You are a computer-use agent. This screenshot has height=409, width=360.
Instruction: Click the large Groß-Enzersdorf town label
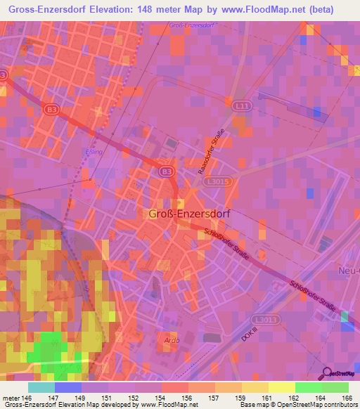click(x=190, y=214)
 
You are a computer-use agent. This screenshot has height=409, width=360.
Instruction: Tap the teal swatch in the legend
click(x=41, y=387)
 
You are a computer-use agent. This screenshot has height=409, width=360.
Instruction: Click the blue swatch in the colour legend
click(x=67, y=387)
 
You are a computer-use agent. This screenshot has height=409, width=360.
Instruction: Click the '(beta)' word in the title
click(x=318, y=9)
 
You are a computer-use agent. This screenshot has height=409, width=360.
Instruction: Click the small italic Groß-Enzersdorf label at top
click(x=191, y=26)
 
